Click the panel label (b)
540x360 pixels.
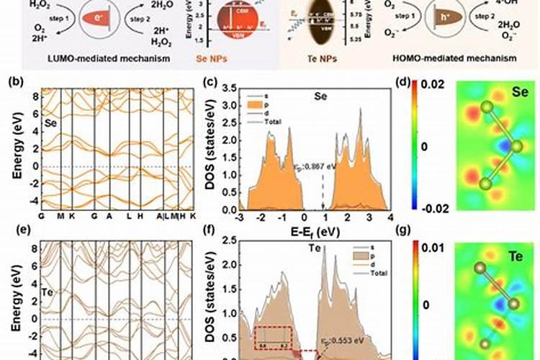[x=14, y=81]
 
